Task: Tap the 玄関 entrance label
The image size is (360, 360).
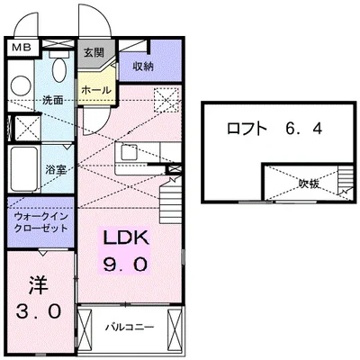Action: click(x=94, y=55)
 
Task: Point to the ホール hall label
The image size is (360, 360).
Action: click(x=95, y=91)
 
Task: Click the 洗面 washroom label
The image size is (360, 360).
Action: click(x=52, y=100)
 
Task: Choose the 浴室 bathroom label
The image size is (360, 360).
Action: click(x=56, y=168)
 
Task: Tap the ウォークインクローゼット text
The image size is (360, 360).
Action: click(x=40, y=222)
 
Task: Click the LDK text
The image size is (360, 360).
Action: click(x=123, y=239)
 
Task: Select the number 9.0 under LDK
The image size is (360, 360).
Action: click(x=123, y=265)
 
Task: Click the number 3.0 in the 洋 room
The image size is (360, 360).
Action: click(x=39, y=311)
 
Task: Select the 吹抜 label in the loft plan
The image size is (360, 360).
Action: click(x=309, y=184)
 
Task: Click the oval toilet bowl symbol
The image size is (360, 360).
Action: click(x=58, y=69)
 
